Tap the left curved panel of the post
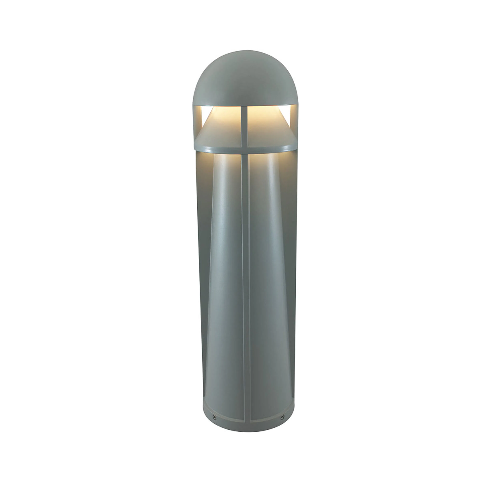pyautogui.click(x=224, y=277)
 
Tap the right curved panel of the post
pyautogui.click(x=267, y=277)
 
